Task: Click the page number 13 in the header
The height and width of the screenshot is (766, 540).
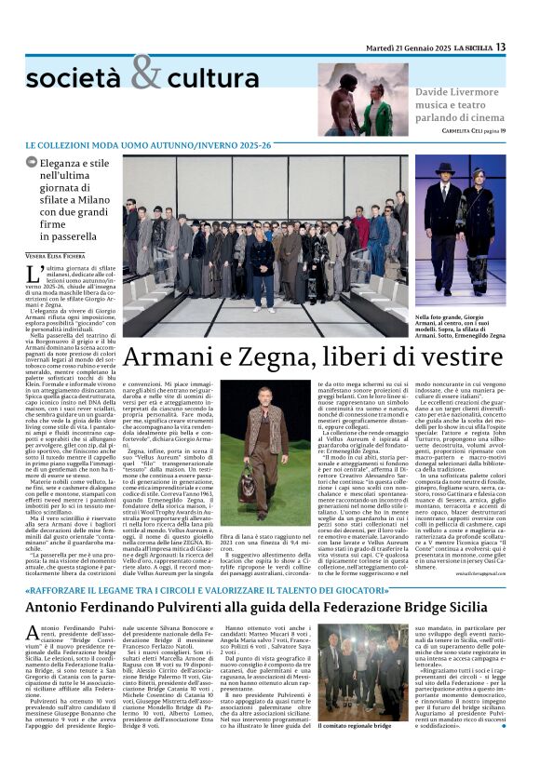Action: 501,47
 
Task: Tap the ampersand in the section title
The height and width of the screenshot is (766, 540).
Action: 146,73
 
